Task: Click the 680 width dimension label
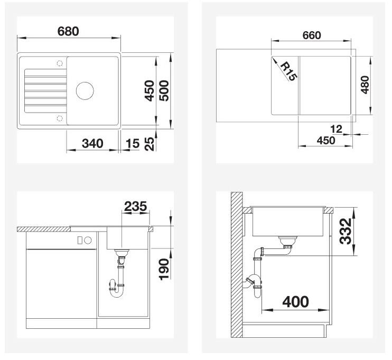coord(68,31)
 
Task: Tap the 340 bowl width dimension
coord(92,143)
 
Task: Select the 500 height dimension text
coord(164,90)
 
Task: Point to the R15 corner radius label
coord(288,71)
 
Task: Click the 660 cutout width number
coord(312,35)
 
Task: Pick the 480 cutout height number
coord(365,85)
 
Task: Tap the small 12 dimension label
coord(336,129)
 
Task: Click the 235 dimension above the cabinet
coord(135,206)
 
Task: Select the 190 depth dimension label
coord(164,269)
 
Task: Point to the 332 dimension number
coord(346,231)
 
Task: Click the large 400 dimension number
coord(295,302)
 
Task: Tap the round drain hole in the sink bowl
coord(85,90)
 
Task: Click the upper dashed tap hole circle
coord(60,63)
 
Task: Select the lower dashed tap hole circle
coord(60,118)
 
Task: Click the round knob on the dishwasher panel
coord(88,241)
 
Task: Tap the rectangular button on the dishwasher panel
coord(80,241)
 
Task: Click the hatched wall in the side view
coord(237,265)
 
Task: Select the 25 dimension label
coord(150,144)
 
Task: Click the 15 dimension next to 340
coord(133,144)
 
